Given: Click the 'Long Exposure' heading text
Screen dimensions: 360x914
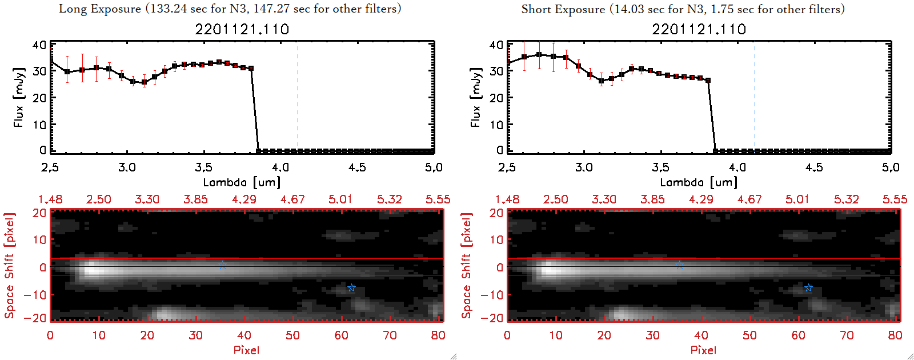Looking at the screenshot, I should (100, 9).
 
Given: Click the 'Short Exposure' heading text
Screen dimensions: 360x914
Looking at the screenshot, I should (563, 9).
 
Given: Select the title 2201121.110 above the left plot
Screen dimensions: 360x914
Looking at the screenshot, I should (242, 29).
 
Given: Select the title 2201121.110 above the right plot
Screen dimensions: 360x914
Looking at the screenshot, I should (699, 29).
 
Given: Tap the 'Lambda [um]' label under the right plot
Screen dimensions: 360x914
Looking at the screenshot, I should (699, 182).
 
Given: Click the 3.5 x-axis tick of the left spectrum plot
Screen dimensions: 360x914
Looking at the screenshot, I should (203, 167).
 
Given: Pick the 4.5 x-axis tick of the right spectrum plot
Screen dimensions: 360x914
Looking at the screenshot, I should (814, 167).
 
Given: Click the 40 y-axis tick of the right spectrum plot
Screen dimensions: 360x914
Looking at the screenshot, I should (496, 45).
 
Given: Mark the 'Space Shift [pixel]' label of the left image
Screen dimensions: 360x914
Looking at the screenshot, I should (9, 266).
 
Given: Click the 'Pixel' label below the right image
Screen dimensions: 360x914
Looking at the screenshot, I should (703, 350).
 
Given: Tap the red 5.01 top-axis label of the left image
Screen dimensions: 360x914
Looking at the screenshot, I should (340, 199).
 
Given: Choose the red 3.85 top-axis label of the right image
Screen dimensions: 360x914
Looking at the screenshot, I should (652, 199).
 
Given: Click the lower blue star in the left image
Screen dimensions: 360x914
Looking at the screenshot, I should (351, 288).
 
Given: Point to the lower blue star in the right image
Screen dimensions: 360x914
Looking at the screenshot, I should (808, 288).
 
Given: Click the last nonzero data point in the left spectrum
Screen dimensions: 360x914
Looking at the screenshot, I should (251, 68).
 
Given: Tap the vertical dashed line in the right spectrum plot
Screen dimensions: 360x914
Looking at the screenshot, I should (755, 97).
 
